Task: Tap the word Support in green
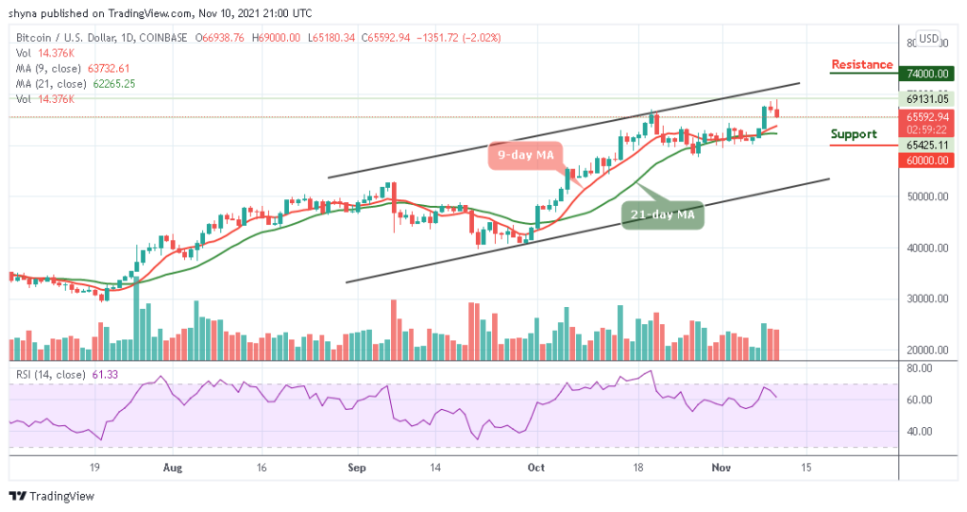click(854, 134)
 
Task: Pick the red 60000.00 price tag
click(923, 161)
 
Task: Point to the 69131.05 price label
click(923, 98)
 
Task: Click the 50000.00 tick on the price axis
click(923, 197)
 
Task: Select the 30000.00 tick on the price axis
click(923, 299)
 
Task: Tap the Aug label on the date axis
click(171, 467)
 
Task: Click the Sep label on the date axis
click(355, 467)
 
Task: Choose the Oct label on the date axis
click(536, 467)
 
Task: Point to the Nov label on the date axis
click(721, 467)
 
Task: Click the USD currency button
click(929, 39)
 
